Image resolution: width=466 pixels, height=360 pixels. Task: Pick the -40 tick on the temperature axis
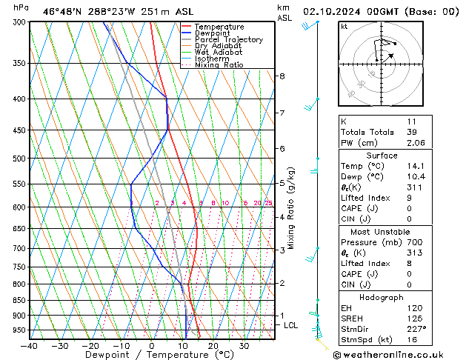click(x=30, y=346)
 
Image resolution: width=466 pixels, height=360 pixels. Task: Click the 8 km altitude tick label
click(x=282, y=76)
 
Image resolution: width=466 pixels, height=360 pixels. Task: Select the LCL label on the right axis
click(x=290, y=325)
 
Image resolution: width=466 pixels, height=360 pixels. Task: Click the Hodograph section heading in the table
click(x=382, y=297)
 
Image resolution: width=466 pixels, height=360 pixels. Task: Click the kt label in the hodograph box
click(x=344, y=26)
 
